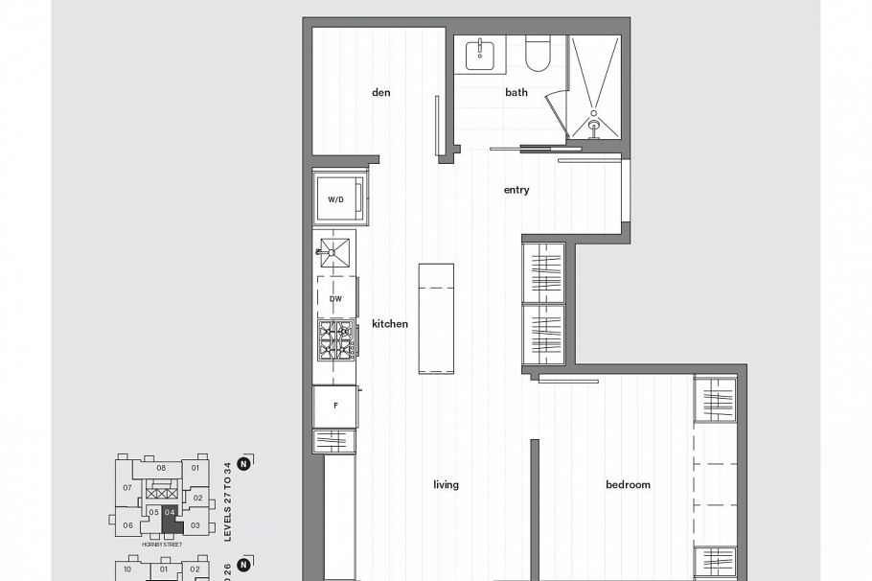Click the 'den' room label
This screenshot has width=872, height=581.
click(381, 93)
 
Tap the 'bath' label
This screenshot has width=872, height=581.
click(516, 93)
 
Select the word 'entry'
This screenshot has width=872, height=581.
click(516, 190)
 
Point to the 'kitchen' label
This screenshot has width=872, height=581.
click(390, 324)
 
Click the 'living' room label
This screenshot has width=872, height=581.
click(446, 485)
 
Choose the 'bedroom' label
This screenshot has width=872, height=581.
click(628, 485)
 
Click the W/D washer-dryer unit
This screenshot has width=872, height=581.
click(337, 199)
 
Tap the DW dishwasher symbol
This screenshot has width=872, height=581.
click(336, 298)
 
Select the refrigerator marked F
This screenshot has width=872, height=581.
click(335, 407)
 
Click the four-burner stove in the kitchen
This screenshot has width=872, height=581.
click(336, 340)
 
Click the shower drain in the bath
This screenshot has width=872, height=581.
click(594, 124)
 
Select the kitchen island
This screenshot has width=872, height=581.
click(435, 317)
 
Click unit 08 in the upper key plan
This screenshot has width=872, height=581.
click(161, 469)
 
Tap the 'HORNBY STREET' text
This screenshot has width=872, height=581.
click(161, 544)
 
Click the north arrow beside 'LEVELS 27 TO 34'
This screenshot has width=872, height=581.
click(243, 464)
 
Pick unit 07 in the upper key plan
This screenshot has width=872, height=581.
click(126, 488)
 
